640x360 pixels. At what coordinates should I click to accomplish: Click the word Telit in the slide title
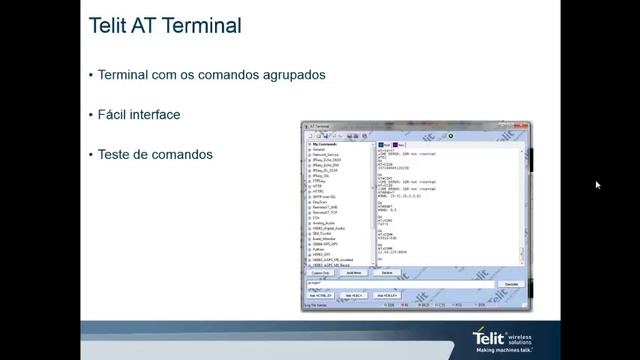click(x=111, y=26)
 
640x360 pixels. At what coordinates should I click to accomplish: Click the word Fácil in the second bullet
click(x=113, y=115)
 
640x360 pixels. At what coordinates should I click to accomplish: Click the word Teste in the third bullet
click(x=114, y=155)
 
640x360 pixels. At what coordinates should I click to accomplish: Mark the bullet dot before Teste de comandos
click(x=91, y=155)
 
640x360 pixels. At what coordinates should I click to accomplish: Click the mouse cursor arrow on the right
click(x=597, y=185)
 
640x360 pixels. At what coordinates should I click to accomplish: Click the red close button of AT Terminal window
click(x=525, y=126)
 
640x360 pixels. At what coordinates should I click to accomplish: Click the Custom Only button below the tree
click(x=320, y=272)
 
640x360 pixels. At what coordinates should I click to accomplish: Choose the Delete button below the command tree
click(x=386, y=272)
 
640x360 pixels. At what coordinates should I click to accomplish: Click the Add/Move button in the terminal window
click(x=353, y=272)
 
